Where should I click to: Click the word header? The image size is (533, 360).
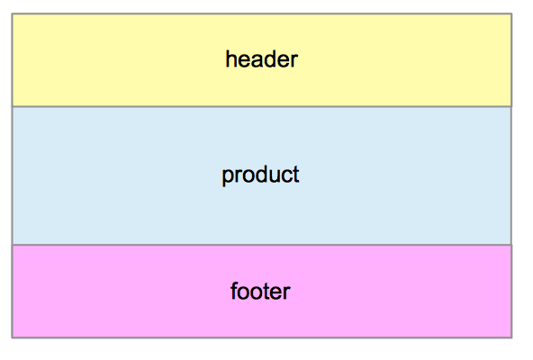click(262, 59)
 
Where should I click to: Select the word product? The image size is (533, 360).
click(260, 175)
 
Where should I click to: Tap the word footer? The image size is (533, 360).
click(260, 291)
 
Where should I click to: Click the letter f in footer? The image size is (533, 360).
click(235, 291)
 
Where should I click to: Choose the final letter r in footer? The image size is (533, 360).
click(287, 292)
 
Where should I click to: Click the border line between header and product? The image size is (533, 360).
click(262, 107)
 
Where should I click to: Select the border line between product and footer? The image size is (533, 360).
click(262, 245)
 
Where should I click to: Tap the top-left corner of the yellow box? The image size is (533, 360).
click(13, 13)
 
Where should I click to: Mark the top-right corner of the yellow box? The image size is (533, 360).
click(511, 13)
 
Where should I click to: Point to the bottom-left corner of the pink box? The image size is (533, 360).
click(13, 337)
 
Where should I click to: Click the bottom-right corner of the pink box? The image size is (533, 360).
click(511, 337)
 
